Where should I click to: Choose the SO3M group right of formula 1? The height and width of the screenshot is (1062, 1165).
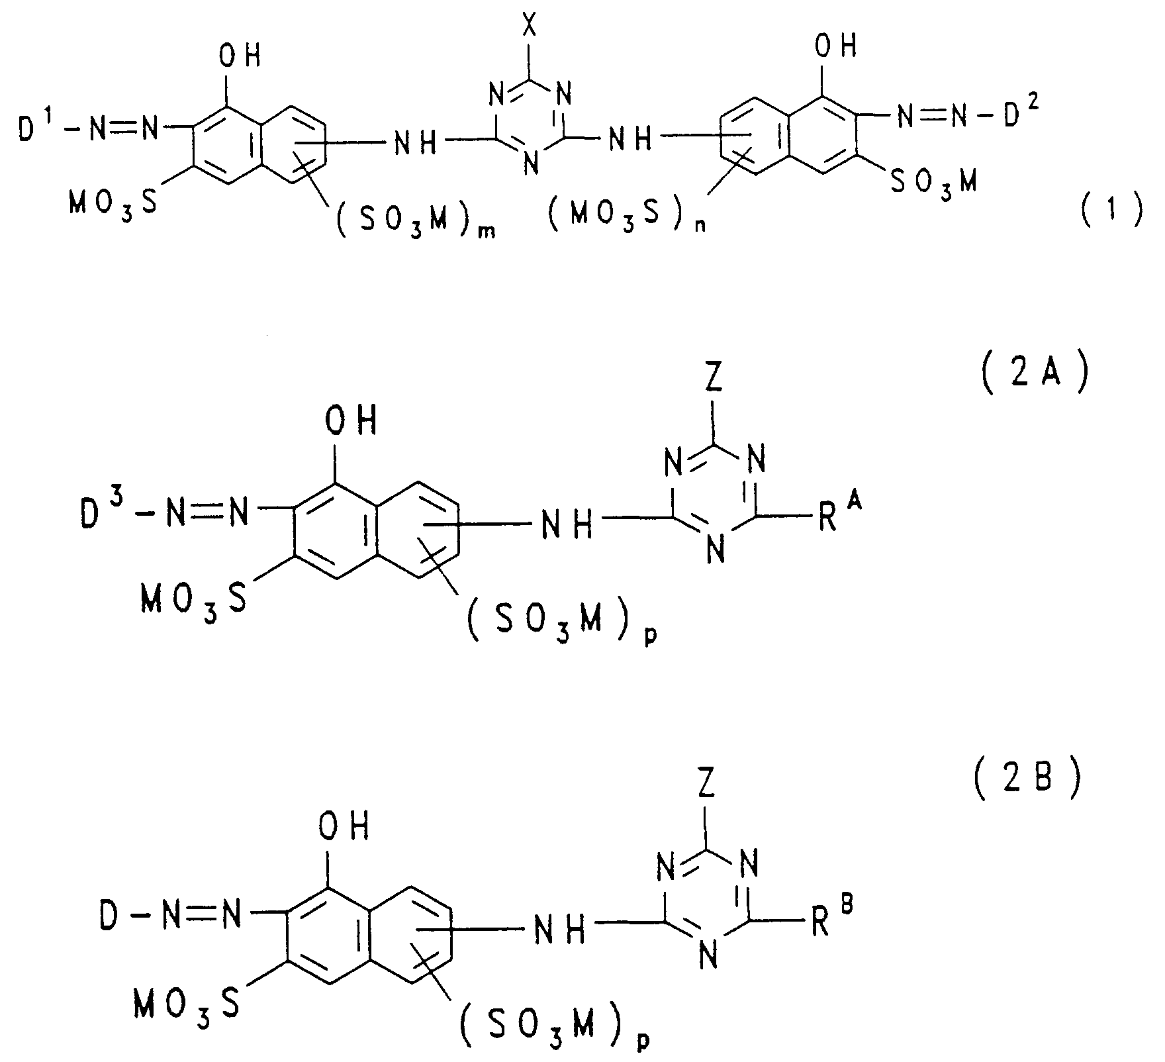pyautogui.click(x=933, y=182)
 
